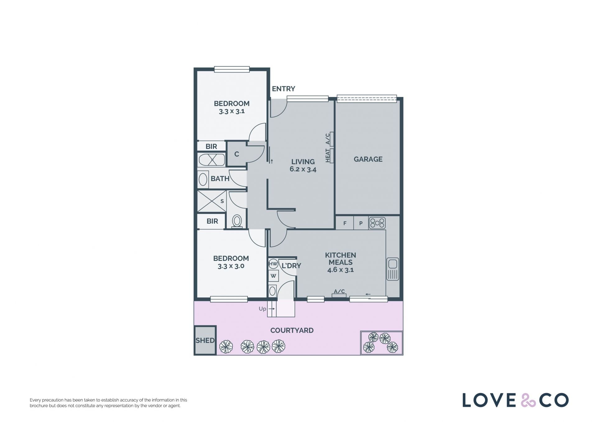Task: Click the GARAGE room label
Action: tap(368, 159)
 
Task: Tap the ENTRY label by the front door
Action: tap(283, 89)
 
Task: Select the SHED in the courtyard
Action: tap(205, 340)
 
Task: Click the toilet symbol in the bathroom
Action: tap(237, 221)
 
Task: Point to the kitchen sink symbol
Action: tap(393, 269)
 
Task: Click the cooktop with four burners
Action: tap(377, 223)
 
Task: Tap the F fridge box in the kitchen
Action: tap(345, 223)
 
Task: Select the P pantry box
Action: tap(361, 223)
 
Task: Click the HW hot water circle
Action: tap(273, 264)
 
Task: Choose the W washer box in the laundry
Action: tap(273, 276)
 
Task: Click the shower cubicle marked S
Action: tap(212, 201)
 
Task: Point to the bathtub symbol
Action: tap(212, 160)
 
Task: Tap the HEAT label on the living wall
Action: tap(327, 155)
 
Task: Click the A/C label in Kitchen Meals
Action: tap(339, 291)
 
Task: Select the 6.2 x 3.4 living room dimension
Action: tap(303, 169)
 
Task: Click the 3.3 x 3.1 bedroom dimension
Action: tap(232, 111)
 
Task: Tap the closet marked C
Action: tap(237, 154)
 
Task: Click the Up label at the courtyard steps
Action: tap(262, 309)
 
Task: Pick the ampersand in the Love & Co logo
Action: tap(528, 400)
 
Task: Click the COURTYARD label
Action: tap(292, 330)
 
